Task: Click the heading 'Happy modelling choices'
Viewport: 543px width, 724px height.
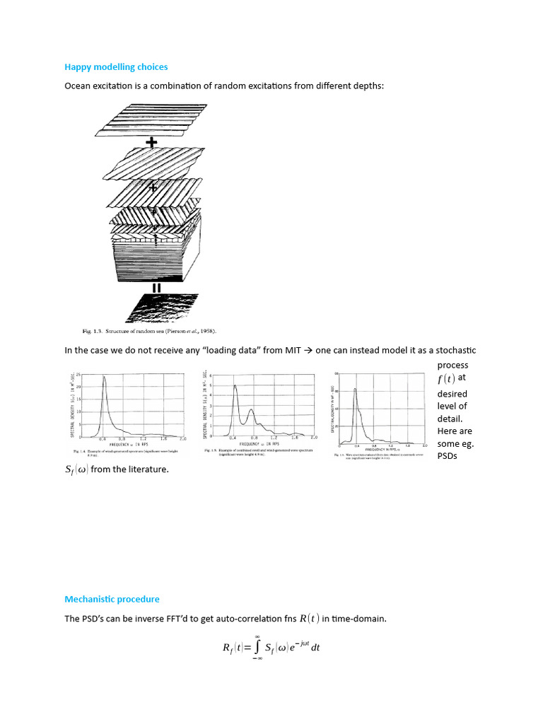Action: click(x=116, y=67)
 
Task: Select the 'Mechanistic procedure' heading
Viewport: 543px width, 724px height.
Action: click(x=112, y=599)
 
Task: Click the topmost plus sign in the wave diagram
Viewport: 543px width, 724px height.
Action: click(x=151, y=142)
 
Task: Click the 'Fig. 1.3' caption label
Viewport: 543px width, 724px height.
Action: click(x=93, y=331)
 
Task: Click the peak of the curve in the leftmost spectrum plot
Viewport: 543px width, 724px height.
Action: click(x=105, y=377)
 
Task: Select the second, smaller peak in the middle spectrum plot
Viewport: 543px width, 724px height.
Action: click(x=250, y=410)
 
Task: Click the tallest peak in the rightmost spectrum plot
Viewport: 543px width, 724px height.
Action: click(x=355, y=390)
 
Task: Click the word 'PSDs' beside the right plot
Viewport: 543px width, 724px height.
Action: click(x=448, y=456)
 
